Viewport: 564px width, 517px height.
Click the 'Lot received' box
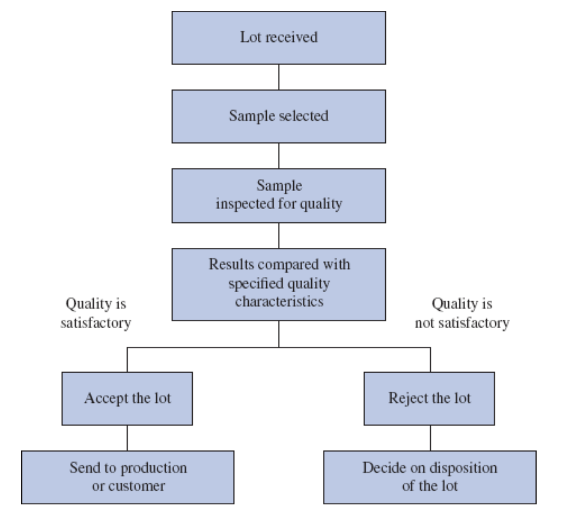pyautogui.click(x=278, y=38)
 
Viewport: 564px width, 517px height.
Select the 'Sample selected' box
pyautogui.click(x=278, y=116)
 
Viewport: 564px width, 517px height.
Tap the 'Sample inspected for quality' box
pyautogui.click(x=278, y=196)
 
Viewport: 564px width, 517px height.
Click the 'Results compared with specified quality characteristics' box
pyautogui.click(x=278, y=284)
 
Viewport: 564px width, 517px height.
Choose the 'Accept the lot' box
pyautogui.click(x=127, y=398)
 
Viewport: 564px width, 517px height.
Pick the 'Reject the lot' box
pyautogui.click(x=429, y=398)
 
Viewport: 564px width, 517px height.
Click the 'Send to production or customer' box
pyautogui.click(x=128, y=477)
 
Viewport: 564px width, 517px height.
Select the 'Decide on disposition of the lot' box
pyautogui.click(x=429, y=477)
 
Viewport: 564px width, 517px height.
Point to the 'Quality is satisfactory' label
pyautogui.click(x=96, y=313)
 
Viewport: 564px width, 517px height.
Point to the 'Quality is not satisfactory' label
pyautogui.click(x=462, y=313)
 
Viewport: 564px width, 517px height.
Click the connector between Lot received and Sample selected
pyautogui.click(x=278, y=77)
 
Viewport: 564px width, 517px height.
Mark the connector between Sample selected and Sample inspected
pyautogui.click(x=278, y=156)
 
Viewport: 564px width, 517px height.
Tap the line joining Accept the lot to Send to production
pyautogui.click(x=127, y=438)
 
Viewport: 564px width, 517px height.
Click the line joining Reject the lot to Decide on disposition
pyautogui.click(x=430, y=438)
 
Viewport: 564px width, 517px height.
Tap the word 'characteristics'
pyautogui.click(x=279, y=301)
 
